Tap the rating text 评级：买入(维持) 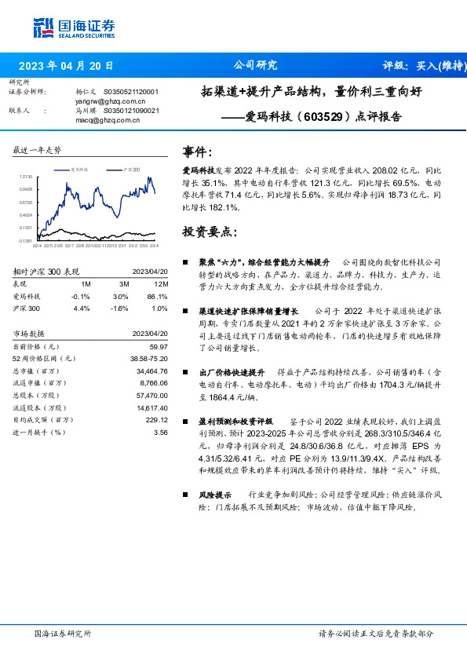(421, 66)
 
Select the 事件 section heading (196, 151)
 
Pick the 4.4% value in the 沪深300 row (83, 309)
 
